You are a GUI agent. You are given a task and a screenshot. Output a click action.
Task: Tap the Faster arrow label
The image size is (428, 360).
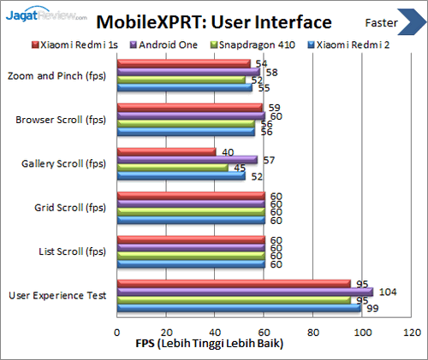382,22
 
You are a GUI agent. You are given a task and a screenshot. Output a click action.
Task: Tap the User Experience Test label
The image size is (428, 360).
57,295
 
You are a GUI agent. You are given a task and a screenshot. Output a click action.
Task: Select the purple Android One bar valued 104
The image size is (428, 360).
244,292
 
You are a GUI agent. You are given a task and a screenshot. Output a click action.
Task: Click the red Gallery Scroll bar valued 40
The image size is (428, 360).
166,151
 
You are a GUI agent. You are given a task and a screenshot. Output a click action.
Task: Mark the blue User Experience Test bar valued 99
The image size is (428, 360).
238,308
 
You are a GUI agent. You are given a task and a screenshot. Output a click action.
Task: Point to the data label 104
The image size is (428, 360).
387,292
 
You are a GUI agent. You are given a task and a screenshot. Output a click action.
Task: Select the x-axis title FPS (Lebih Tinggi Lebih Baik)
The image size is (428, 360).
209,344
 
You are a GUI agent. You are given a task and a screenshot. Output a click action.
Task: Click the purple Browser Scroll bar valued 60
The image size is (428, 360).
190,115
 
